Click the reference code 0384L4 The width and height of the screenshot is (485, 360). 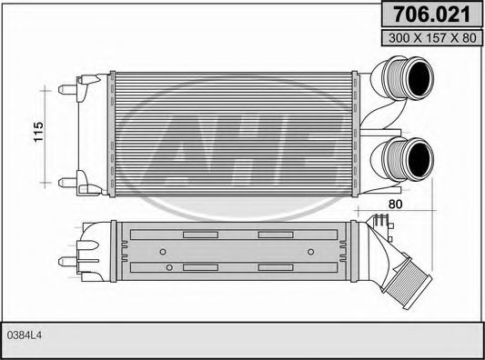pyautogui.click(x=25, y=335)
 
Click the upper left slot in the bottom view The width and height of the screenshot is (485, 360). pyautogui.click(x=197, y=235)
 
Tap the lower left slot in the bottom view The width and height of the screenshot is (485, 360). pyautogui.click(x=197, y=267)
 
